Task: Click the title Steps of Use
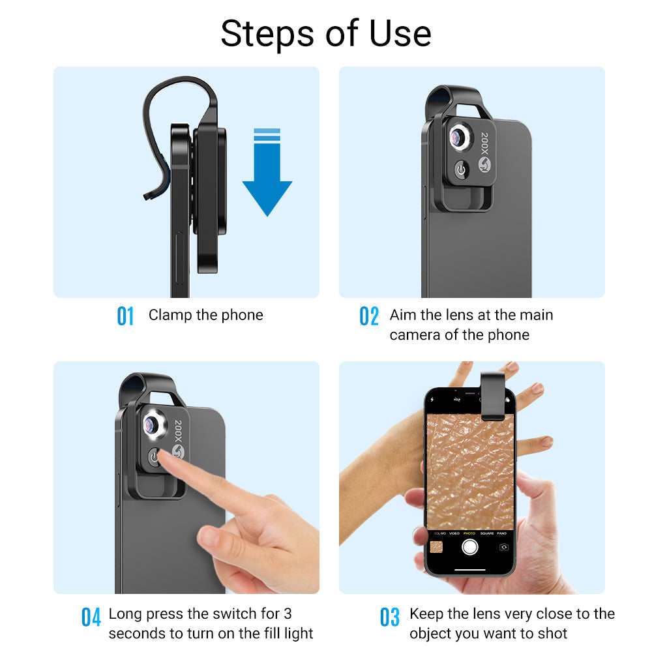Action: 326,33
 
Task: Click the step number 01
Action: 125,316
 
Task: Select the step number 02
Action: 369,316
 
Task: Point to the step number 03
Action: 389,616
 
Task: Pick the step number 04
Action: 91,616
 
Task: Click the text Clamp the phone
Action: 205,315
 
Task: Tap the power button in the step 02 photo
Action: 462,170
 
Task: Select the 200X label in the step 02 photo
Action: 484,143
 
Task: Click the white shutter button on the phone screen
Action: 469,546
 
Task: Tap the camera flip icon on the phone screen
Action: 503,547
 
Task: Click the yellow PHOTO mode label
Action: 469,533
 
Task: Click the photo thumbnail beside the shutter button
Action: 437,546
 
